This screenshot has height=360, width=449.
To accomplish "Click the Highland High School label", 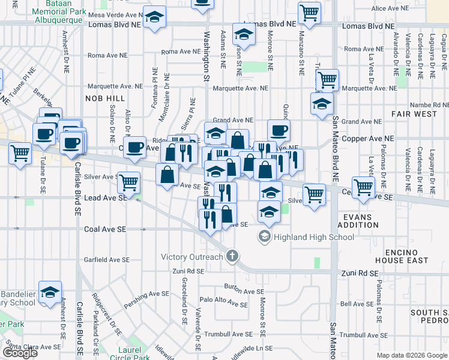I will coord(313,237).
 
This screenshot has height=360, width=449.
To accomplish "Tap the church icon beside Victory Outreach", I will coord(233,257).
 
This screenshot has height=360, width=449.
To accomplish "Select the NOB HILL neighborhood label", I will coord(105,98).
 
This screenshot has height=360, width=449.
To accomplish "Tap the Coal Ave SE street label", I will coord(106,229).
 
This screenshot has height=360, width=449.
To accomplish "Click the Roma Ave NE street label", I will coord(107,55).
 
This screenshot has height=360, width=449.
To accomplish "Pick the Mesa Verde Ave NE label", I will coord(113,14).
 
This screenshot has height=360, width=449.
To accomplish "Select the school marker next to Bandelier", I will coord(50,292).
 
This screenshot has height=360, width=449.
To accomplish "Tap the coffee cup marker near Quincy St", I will coord(278,130).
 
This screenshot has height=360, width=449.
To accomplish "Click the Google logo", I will coord(20,353).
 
